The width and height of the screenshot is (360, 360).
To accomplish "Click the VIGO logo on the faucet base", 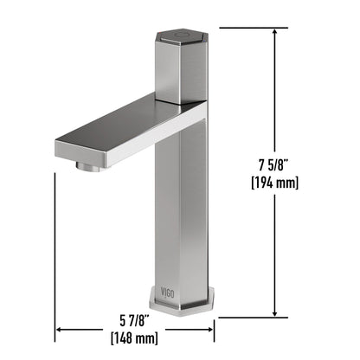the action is coord(167,292).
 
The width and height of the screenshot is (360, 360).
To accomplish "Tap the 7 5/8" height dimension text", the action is coord(273,165).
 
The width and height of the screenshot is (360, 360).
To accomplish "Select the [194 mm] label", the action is coord(274,183).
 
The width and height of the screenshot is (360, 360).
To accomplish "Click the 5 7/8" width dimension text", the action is coord(134,321).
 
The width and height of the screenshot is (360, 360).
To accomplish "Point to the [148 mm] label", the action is coord(134,337).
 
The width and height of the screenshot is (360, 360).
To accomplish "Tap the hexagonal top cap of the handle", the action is coord(182,36).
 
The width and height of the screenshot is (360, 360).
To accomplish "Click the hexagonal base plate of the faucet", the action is coord(182,304).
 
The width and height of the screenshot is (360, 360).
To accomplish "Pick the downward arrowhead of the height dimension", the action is coord(275,313).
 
